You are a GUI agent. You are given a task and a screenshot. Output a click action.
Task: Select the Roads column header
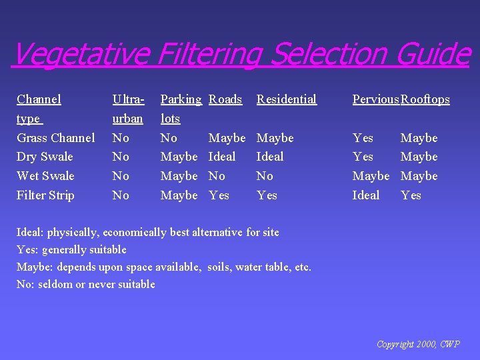[225, 99]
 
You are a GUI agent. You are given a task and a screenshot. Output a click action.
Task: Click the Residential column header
[286, 99]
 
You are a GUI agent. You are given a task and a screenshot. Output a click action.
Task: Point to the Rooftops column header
[425, 99]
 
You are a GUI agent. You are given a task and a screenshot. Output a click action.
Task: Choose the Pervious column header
[375, 99]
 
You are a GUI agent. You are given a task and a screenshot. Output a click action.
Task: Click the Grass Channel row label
[56, 138]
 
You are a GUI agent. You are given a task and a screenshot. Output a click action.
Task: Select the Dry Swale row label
[45, 157]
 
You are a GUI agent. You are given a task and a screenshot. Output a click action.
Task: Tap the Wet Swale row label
[45, 176]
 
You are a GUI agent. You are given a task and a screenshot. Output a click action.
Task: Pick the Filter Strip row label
[45, 195]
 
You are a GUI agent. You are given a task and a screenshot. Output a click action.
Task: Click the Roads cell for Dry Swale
[222, 157]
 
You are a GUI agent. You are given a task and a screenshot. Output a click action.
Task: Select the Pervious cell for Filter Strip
[366, 195]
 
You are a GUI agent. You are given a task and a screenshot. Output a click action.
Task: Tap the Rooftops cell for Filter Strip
[411, 195]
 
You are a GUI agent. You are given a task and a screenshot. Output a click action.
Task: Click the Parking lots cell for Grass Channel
[169, 138]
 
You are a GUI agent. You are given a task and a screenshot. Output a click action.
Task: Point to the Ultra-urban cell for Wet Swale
[121, 176]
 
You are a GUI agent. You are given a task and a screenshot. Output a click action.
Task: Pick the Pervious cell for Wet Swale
[371, 176]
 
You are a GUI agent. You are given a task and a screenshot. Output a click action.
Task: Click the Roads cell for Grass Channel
[227, 138]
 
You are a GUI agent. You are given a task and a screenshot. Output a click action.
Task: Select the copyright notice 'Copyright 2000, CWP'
[418, 344]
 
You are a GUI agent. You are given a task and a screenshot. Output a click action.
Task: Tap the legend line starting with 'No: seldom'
[85, 284]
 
